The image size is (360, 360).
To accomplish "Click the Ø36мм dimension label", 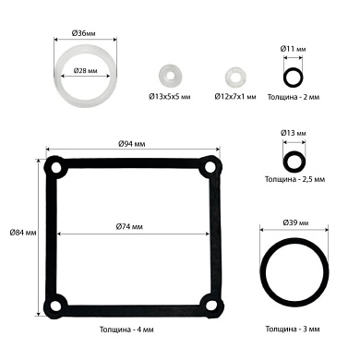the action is pyautogui.click(x=83, y=33).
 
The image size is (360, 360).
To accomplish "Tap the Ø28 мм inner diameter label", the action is pyautogui.click(x=85, y=71).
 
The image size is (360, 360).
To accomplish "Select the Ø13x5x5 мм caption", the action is pyautogui.click(x=170, y=97).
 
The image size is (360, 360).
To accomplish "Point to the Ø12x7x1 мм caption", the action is pyautogui.click(x=235, y=97).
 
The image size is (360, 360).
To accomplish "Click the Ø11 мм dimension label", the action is pyautogui.click(x=293, y=49).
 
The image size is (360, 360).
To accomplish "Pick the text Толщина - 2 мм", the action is pyautogui.click(x=294, y=97).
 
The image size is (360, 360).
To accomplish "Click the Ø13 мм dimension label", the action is pyautogui.click(x=294, y=133).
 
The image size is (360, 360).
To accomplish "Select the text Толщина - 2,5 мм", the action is pyautogui.click(x=294, y=179).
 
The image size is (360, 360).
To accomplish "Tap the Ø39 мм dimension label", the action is pyautogui.click(x=295, y=222).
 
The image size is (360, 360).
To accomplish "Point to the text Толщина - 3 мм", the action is pyautogui.click(x=293, y=329).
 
